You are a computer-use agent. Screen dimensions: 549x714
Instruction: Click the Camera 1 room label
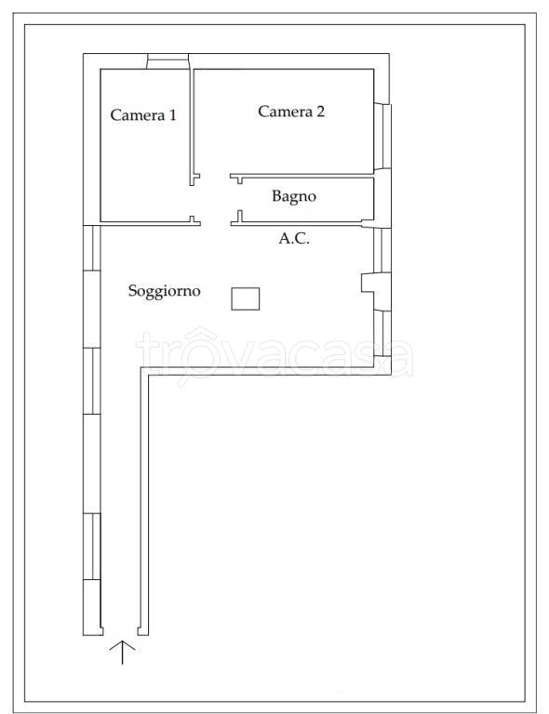point(143,114)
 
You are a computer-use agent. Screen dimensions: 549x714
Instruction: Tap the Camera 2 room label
point(291,112)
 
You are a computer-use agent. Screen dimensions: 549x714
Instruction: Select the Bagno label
point(294,196)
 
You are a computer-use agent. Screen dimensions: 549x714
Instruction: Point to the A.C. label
point(294,238)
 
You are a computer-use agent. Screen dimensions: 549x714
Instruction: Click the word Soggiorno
point(164,291)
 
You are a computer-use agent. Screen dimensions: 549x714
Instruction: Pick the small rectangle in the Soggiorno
point(246,298)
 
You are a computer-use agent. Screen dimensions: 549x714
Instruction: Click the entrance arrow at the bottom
point(122,652)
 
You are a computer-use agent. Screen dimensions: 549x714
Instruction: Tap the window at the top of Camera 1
point(167,61)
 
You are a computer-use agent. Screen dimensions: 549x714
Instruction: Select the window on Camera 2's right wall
point(382,137)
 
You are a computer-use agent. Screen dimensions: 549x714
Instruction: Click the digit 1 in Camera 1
point(172,114)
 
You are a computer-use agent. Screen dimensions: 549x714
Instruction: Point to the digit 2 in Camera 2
point(320,112)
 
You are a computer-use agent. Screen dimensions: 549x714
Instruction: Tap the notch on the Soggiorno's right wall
point(368,283)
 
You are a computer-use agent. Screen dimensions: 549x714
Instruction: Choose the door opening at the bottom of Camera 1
point(215,223)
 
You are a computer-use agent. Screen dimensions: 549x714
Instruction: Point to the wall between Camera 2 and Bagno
point(301,176)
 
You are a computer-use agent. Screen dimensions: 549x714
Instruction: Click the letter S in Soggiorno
point(132,290)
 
